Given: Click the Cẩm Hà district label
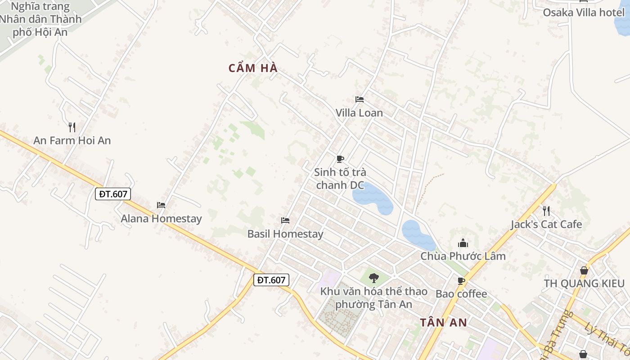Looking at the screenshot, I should pyautogui.click(x=253, y=68).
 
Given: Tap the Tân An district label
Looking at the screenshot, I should pyautogui.click(x=443, y=322).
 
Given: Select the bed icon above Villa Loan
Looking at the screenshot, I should pyautogui.click(x=360, y=99).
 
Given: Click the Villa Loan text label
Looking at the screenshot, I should pyautogui.click(x=359, y=113).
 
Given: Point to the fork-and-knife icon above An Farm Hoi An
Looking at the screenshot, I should pyautogui.click(x=72, y=127).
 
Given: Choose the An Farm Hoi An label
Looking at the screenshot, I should pyautogui.click(x=72, y=140).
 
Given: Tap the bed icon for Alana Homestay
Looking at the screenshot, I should pyautogui.click(x=161, y=205).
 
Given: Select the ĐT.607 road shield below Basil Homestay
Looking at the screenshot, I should pyautogui.click(x=271, y=280).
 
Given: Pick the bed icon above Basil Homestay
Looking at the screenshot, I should pyautogui.click(x=285, y=220).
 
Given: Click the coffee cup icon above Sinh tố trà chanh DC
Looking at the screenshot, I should pyautogui.click(x=340, y=159).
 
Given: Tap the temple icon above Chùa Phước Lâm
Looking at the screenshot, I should pyautogui.click(x=463, y=243).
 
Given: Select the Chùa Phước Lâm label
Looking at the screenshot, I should pyautogui.click(x=463, y=256).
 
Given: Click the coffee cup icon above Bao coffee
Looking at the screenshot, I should pyautogui.click(x=461, y=281).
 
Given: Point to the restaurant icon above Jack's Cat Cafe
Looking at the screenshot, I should pyautogui.click(x=546, y=211).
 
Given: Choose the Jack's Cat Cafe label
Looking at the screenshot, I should pyautogui.click(x=546, y=224).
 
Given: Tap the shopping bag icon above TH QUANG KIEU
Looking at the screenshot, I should pyautogui.click(x=584, y=270).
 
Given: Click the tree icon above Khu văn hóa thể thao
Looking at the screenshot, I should pyautogui.click(x=373, y=278).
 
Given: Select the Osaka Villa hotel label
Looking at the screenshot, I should pyautogui.click(x=584, y=13).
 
